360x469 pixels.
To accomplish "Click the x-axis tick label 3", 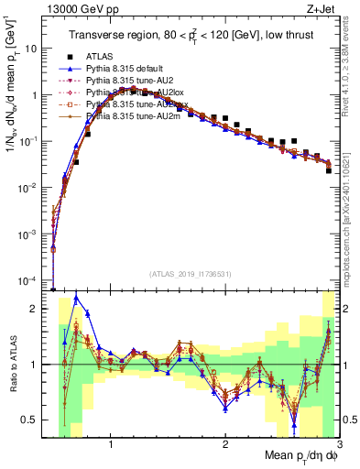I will (338, 446).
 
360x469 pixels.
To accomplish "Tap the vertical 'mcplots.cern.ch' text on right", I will (352, 211).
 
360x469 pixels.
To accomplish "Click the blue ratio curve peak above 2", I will (76, 297).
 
